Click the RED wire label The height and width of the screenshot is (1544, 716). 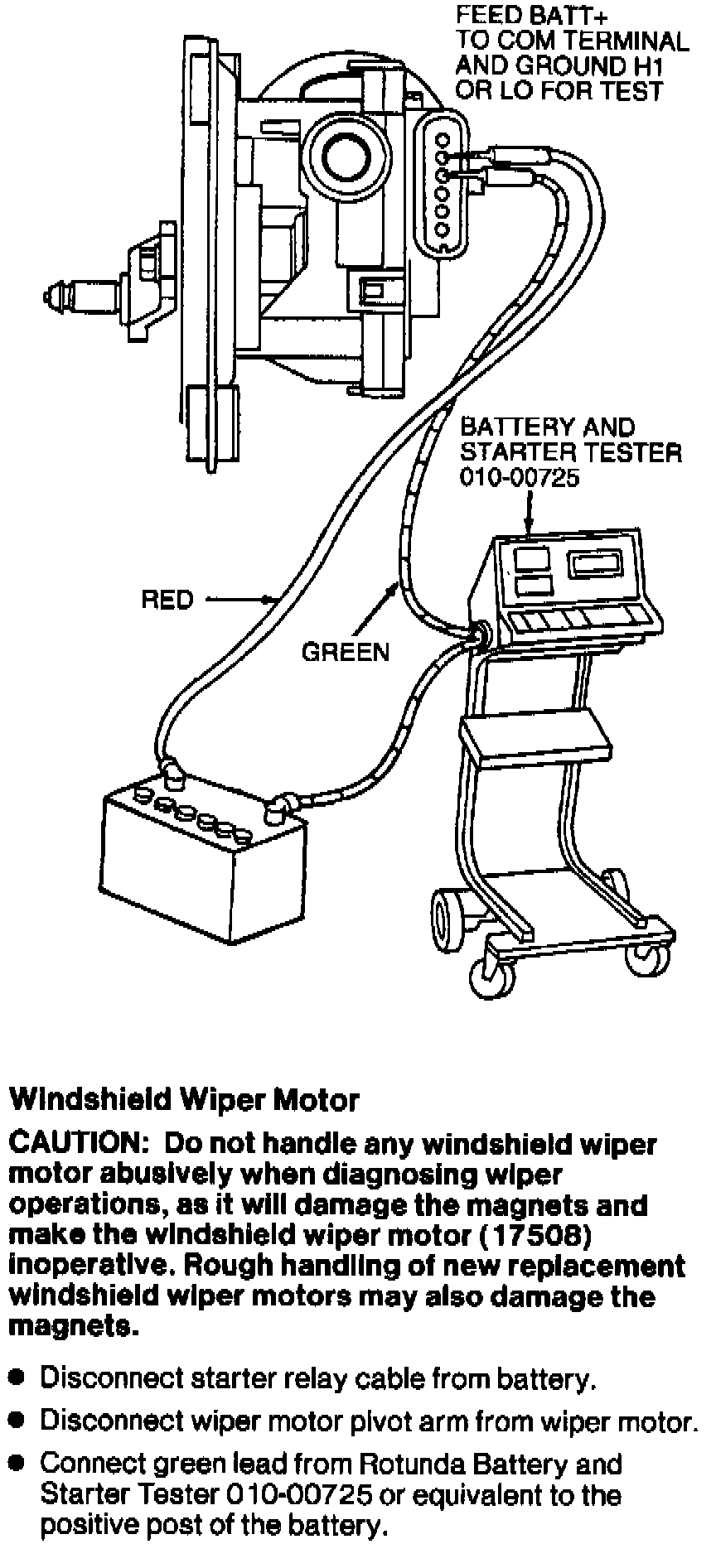167,599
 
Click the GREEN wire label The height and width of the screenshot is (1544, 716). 345,653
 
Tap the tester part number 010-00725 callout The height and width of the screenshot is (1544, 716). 520,478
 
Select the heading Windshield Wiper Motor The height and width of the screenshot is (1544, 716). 184,1100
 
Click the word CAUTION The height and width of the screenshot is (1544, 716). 77,1144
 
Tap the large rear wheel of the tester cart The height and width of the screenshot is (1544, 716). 448,914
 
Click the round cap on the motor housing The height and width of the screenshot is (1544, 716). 343,152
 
